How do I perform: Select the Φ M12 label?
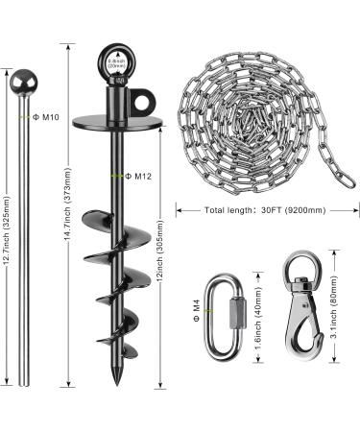(142, 176)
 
